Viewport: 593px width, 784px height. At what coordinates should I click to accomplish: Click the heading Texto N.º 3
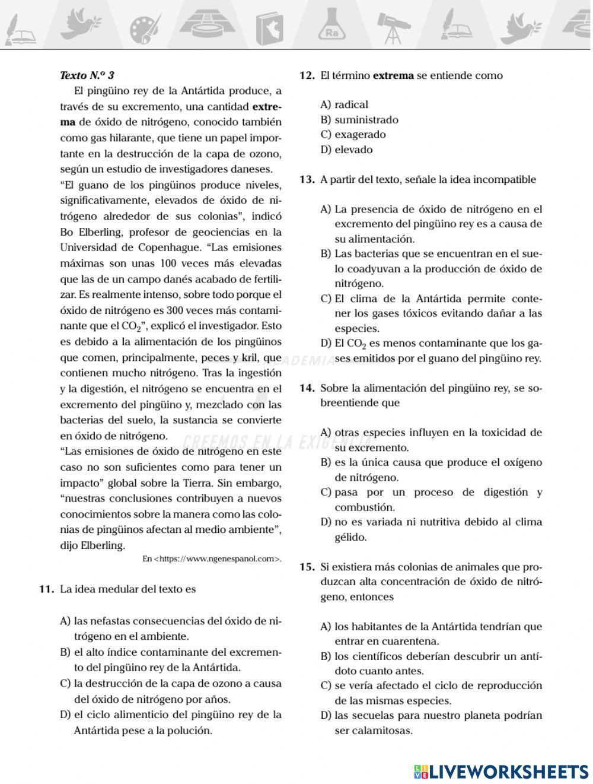[x=87, y=76]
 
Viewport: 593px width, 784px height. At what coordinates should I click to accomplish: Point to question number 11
[x=47, y=589]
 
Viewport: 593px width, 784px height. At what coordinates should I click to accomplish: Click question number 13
[x=307, y=180]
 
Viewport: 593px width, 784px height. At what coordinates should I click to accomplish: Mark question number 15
[x=307, y=567]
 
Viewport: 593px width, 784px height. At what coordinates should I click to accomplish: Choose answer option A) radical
[x=344, y=105]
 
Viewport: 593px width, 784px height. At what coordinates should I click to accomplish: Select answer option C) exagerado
[x=353, y=135]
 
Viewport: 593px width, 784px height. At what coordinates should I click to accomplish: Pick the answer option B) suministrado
[x=359, y=120]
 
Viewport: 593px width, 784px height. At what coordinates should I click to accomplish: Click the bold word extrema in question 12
[x=393, y=76]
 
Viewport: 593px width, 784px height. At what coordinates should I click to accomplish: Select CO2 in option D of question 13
[x=356, y=344]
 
